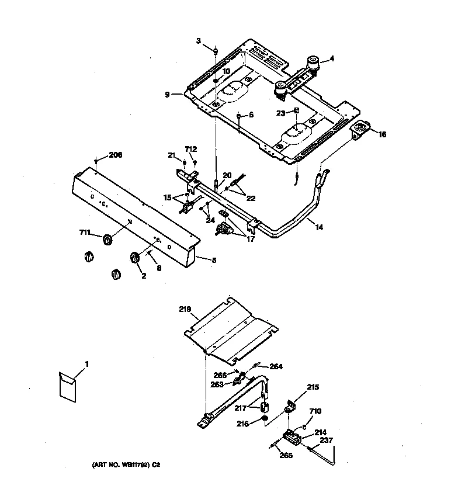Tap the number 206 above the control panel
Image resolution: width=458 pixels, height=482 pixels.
coord(115,155)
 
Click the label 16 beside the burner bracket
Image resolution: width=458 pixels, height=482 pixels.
coord(382,134)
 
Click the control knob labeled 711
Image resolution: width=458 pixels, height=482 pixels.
coord(107,239)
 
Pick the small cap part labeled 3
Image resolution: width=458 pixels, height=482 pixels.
coord(216,51)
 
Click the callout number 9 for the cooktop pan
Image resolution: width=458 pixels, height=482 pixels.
coord(166,94)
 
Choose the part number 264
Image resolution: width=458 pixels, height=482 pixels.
coord(276,367)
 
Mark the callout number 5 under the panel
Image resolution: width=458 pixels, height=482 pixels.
coord(213,259)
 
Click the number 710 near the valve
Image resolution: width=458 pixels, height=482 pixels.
coord(315,412)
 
